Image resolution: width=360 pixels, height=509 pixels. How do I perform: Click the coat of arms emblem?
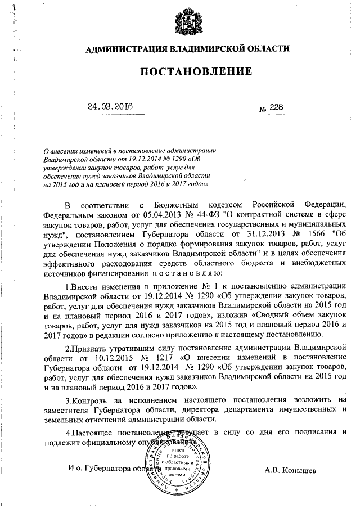[x=186, y=20]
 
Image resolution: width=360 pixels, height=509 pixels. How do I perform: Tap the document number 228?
[x=277, y=107]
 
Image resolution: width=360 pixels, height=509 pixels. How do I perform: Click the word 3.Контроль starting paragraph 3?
[x=88, y=400]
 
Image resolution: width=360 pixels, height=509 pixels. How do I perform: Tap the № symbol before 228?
[x=262, y=109]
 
